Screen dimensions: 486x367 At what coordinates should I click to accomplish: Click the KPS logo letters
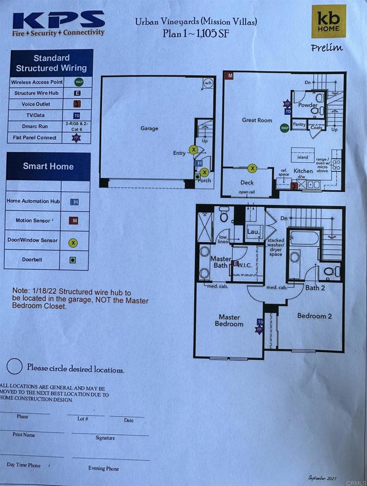pos(58,19)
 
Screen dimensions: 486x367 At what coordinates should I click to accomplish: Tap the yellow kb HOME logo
pos(328,22)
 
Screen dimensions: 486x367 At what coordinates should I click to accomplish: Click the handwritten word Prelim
pos(327,47)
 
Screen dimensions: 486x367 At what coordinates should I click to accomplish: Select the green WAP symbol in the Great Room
pos(284,128)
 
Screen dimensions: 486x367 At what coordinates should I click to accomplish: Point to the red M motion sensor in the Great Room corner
pos(230,75)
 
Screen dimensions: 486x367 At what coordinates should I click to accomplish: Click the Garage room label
pos(149,128)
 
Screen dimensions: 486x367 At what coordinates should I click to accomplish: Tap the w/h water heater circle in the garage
pos(208,84)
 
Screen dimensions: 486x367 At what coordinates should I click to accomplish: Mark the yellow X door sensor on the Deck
pos(253,168)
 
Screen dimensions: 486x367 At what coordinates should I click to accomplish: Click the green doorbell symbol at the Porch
pos(198,177)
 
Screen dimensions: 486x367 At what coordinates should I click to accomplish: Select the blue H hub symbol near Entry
pos(198,163)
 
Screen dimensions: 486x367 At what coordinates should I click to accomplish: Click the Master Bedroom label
pos(229,320)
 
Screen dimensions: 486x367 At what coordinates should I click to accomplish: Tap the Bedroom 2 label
pos(314,316)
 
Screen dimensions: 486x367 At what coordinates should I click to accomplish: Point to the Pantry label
pos(299,125)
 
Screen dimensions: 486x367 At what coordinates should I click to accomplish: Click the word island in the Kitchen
pos(303,157)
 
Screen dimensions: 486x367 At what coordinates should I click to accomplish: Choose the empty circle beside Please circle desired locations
pos(15,366)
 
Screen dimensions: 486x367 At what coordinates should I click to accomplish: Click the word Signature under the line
pos(105,438)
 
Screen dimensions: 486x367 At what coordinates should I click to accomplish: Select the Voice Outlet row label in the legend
pos(36,104)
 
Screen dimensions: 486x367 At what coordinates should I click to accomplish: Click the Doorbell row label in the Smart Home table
pos(32,260)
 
